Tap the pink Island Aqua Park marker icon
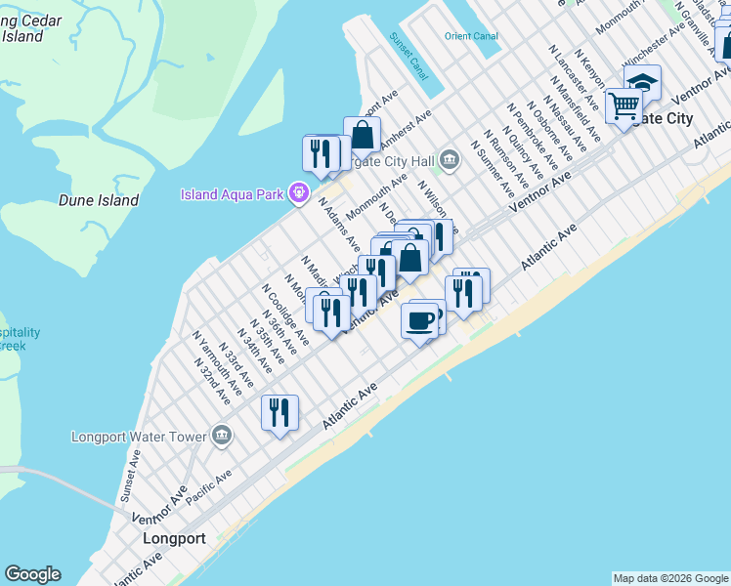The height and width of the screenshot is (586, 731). (298, 192)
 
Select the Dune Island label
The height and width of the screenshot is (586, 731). (99, 200)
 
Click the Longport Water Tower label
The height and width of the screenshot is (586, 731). (139, 437)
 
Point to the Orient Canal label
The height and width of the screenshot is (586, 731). (471, 36)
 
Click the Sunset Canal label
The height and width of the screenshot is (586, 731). (408, 57)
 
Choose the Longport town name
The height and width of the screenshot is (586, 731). (174, 538)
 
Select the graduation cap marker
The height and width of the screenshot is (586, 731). (643, 81)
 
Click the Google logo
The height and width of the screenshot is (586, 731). (32, 574)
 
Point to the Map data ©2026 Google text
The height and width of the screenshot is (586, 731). (669, 578)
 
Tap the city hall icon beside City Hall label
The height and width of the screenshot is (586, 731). (449, 159)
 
